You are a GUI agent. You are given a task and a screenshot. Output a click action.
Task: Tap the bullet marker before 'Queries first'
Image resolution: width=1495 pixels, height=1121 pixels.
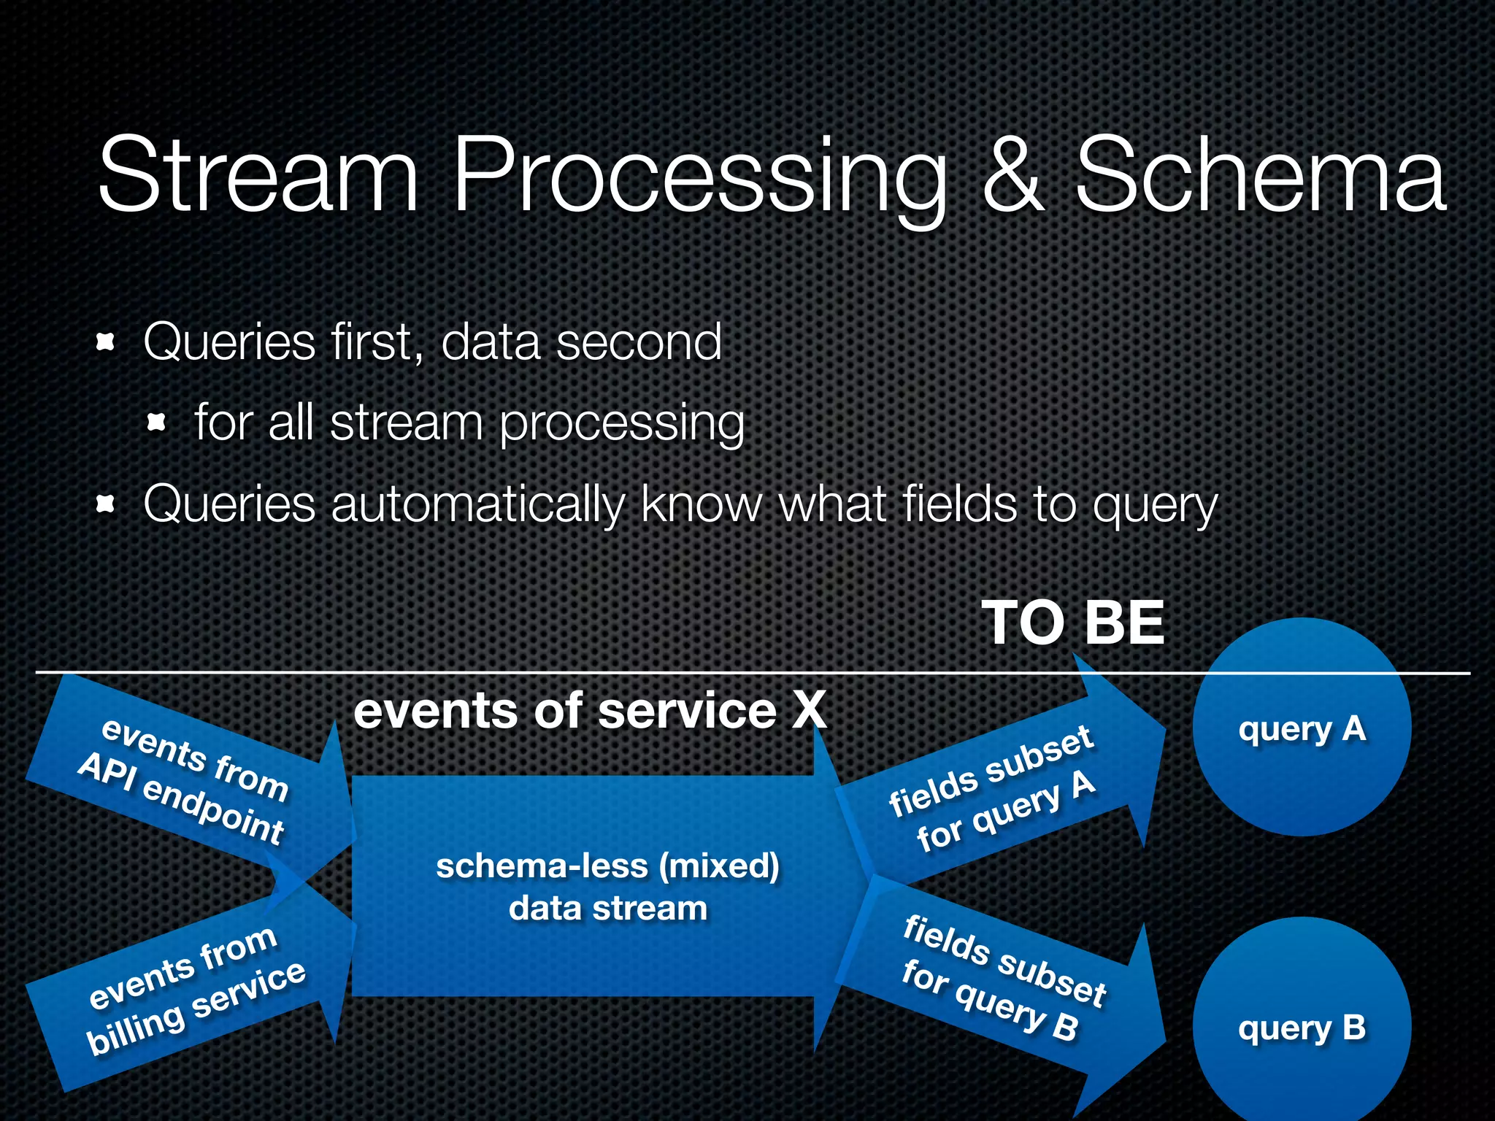point(107,342)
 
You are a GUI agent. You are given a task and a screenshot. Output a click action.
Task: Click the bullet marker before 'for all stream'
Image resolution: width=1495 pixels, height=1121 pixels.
point(157,422)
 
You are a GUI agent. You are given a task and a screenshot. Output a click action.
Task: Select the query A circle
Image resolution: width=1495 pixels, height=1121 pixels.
point(1302,728)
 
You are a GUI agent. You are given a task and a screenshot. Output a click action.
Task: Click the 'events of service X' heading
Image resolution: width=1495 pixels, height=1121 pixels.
point(590,710)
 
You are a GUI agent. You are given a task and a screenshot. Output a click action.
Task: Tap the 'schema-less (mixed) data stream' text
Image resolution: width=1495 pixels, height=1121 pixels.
point(607,887)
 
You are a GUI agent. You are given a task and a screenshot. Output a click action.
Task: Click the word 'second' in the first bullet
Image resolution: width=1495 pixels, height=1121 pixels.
point(639,342)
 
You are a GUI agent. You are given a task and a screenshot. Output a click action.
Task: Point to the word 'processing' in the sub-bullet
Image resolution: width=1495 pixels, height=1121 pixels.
point(621,423)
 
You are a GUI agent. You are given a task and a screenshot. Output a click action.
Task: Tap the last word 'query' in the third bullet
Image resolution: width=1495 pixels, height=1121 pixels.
point(1155,505)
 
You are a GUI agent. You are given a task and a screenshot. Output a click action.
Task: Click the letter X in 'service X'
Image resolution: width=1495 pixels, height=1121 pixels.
point(809,710)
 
